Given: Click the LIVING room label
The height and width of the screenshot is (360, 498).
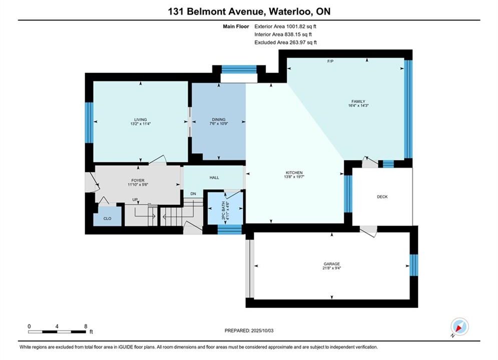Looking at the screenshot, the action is (x=140, y=119).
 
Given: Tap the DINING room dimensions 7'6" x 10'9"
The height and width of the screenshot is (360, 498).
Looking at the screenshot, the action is (x=219, y=123).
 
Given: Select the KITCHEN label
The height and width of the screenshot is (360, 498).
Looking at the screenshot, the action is (x=294, y=173).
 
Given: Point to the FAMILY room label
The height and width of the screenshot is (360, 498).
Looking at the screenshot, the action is (x=358, y=101).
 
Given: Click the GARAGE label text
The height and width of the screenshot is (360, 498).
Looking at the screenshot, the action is (x=332, y=264).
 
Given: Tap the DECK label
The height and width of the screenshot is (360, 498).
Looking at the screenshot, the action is (x=382, y=196).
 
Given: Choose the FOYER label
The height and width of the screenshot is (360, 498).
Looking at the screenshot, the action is (x=138, y=180).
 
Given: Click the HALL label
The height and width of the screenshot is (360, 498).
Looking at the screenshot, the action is (x=214, y=177).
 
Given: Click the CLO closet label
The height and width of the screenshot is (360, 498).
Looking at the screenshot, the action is (x=107, y=218).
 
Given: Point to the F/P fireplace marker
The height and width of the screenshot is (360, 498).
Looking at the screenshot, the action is (x=330, y=61).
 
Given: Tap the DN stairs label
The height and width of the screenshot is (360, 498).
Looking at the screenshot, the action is (x=193, y=194).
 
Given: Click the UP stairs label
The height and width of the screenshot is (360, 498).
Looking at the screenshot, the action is (x=135, y=199).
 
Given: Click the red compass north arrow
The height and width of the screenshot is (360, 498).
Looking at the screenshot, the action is (x=458, y=327).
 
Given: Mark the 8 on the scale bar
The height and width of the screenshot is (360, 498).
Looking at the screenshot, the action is (x=86, y=326).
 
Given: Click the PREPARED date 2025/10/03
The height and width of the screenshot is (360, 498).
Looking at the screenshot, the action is (x=262, y=330).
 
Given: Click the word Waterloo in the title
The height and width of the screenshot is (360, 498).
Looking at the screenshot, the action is (x=289, y=11).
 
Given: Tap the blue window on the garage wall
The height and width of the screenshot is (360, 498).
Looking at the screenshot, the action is (x=413, y=265).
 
